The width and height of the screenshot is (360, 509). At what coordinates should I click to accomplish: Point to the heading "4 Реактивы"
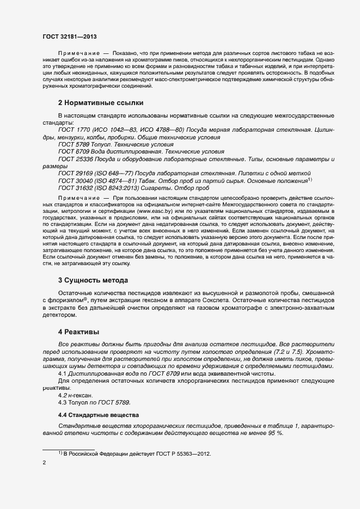tap(80, 332)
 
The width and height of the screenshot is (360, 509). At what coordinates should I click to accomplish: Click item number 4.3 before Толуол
tap(62, 402)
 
